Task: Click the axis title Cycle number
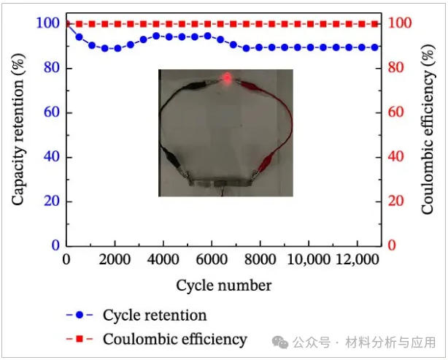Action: click(x=223, y=285)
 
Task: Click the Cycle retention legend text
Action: click(x=155, y=315)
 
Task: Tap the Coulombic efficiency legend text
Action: click(x=175, y=339)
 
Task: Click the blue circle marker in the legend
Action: click(x=80, y=315)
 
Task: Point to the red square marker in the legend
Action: click(x=80, y=339)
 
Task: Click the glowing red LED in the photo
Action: click(x=227, y=77)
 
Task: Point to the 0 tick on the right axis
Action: click(x=393, y=246)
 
